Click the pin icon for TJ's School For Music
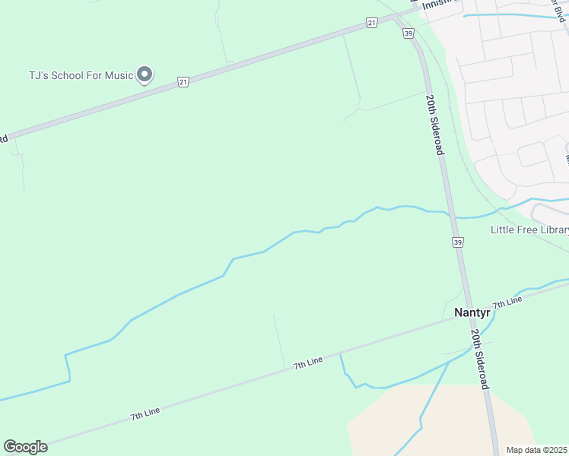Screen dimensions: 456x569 click(145, 74)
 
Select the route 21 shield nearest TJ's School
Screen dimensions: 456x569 click(183, 81)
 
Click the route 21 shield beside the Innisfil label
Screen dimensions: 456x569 click(371, 23)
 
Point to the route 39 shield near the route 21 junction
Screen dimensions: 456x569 click(408, 34)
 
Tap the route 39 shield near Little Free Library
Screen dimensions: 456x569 click(457, 242)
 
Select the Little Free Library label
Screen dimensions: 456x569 click(529, 230)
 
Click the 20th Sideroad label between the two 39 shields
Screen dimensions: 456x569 click(434, 125)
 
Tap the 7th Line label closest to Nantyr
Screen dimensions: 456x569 click(507, 302)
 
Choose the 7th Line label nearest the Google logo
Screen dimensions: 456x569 click(145, 414)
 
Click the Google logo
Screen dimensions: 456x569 click(25, 447)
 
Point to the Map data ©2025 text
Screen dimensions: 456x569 click(537, 450)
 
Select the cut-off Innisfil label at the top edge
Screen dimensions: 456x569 click(442, 3)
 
